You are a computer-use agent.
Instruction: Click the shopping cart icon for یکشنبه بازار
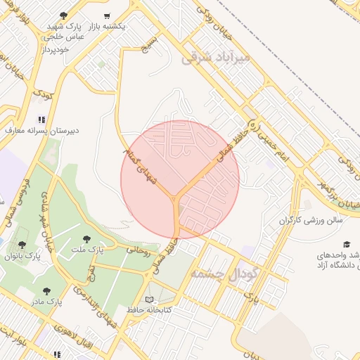(x=107, y=15)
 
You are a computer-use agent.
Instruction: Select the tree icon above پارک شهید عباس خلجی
(x=64, y=15)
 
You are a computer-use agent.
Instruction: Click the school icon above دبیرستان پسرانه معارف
(x=41, y=120)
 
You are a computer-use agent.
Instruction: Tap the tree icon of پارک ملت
(x=86, y=240)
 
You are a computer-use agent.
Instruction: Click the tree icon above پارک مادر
(x=46, y=290)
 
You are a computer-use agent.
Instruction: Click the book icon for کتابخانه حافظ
(x=148, y=299)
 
